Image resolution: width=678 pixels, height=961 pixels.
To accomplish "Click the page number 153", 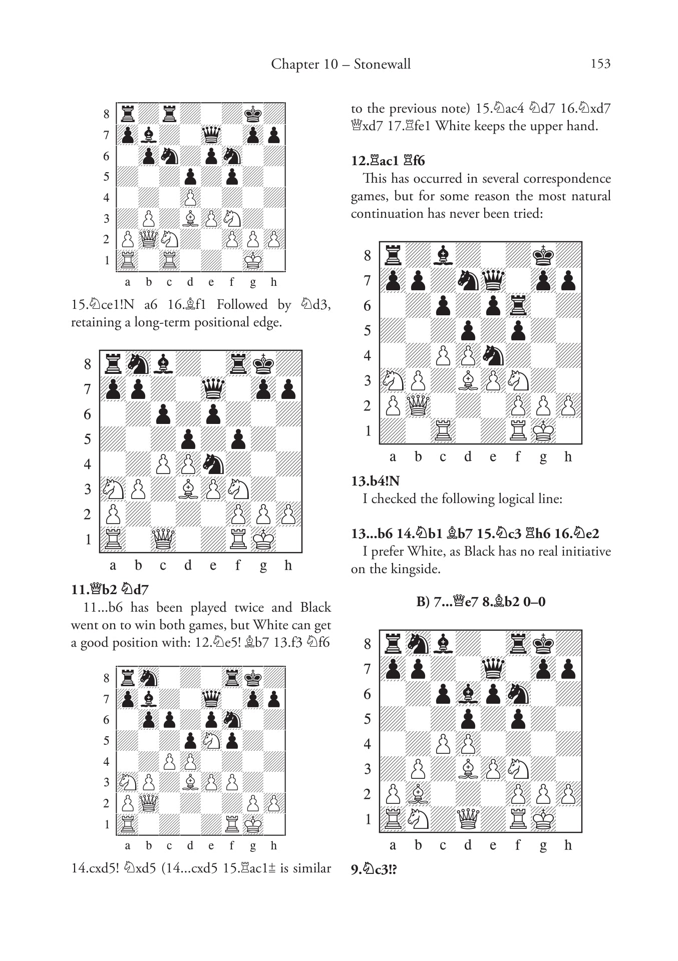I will click(x=600, y=64).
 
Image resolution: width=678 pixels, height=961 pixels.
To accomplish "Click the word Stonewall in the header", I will click(x=382, y=64).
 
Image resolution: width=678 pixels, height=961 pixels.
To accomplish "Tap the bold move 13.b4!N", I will click(x=375, y=481).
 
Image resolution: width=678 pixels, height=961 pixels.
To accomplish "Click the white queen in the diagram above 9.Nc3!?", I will click(x=468, y=819).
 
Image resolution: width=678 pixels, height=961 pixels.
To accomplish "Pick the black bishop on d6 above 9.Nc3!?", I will click(x=468, y=694).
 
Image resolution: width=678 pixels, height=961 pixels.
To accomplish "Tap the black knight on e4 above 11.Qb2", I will click(x=213, y=464).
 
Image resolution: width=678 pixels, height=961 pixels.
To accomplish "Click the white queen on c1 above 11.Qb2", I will click(x=163, y=539).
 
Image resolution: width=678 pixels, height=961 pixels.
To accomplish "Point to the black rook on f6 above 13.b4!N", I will click(x=518, y=305).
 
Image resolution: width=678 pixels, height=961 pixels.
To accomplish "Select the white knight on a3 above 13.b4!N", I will click(x=393, y=380).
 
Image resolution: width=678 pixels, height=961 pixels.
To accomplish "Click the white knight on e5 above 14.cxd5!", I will click(x=211, y=740).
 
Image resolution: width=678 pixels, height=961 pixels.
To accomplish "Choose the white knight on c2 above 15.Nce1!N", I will click(x=169, y=239).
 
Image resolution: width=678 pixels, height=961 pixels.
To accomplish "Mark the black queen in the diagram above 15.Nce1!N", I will click(x=211, y=135).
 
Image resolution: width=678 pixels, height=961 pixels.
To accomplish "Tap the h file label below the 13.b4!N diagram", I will click(x=568, y=457).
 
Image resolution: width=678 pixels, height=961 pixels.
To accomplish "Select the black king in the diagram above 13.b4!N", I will click(x=543, y=255).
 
